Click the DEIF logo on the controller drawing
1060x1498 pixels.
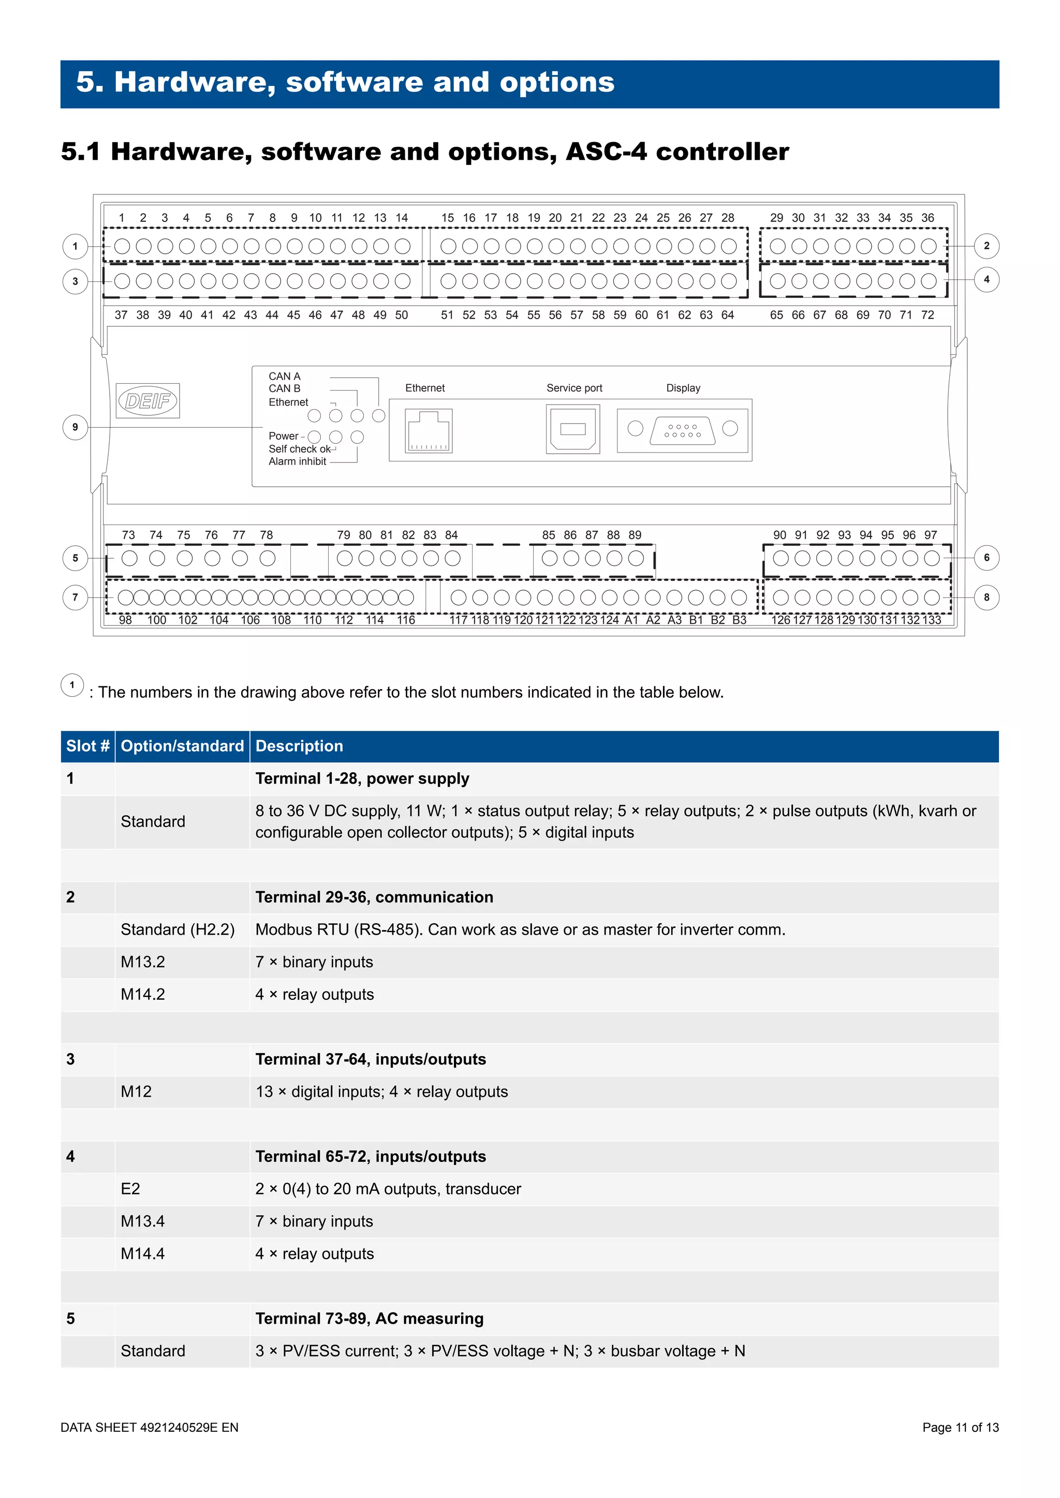pos(148,400)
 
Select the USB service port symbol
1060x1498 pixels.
pos(572,429)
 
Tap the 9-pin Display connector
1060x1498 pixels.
pos(683,430)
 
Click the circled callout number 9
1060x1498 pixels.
pos(75,427)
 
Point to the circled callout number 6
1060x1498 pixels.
pos(986,558)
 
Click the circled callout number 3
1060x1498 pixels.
pos(75,281)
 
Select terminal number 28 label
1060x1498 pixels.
pos(728,218)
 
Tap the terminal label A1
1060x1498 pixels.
pos(631,620)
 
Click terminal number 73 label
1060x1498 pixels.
pos(128,535)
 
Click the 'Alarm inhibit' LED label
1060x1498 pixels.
pos(297,461)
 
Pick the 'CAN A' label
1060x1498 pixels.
pos(285,377)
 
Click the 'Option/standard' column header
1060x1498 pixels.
pos(182,746)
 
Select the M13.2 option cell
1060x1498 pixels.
pos(143,962)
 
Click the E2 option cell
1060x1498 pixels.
pos(130,1189)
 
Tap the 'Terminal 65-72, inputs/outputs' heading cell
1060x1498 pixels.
pos(371,1156)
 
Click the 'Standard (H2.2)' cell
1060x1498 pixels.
pos(178,929)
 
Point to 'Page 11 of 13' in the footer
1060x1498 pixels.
pos(960,1427)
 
